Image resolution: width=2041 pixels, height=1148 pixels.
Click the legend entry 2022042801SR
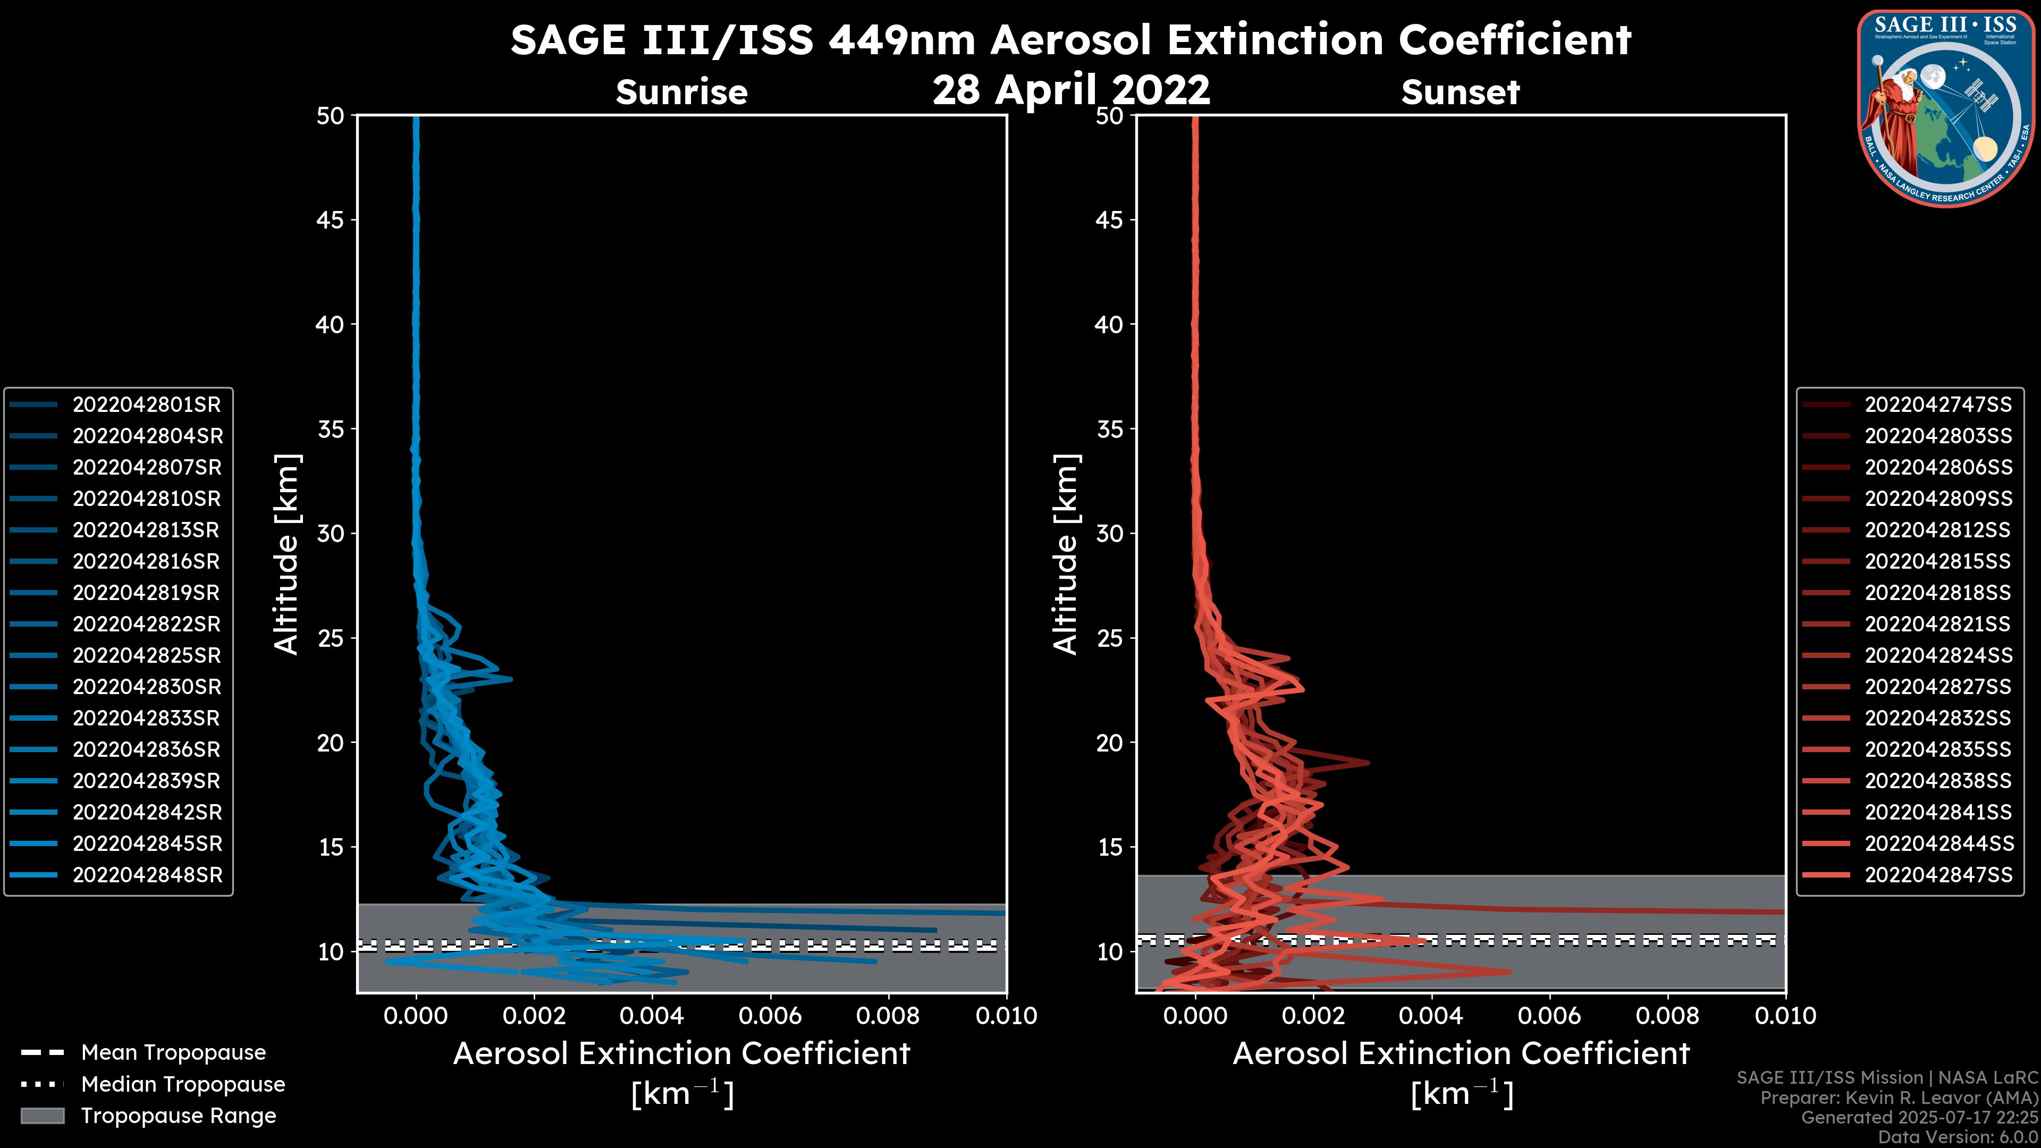pyautogui.click(x=147, y=405)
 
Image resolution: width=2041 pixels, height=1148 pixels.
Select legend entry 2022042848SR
pyautogui.click(x=147, y=875)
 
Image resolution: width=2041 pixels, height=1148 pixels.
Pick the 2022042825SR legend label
pyautogui.click(x=147, y=656)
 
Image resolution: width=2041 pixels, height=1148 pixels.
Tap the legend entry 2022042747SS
pyautogui.click(x=1938, y=405)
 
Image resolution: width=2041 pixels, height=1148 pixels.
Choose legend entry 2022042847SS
pyautogui.click(x=1938, y=875)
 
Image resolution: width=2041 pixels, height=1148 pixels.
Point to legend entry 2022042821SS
pyautogui.click(x=1937, y=624)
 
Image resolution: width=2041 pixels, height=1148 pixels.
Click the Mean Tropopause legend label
pyautogui.click(x=173, y=1053)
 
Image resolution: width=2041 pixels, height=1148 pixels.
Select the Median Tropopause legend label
pyautogui.click(x=183, y=1085)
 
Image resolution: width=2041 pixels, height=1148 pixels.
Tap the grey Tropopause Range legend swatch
pyautogui.click(x=42, y=1116)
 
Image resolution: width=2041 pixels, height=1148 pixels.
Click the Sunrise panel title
pyautogui.click(x=681, y=92)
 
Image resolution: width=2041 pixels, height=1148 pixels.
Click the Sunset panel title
pyautogui.click(x=1460, y=92)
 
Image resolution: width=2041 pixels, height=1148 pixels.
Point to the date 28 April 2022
pyautogui.click(x=1071, y=89)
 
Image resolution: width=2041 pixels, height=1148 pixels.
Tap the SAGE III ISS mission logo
pyautogui.click(x=1945, y=108)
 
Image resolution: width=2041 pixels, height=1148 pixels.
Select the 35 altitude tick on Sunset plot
pyautogui.click(x=1109, y=429)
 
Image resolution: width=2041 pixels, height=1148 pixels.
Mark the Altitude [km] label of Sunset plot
pyautogui.click(x=1066, y=554)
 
